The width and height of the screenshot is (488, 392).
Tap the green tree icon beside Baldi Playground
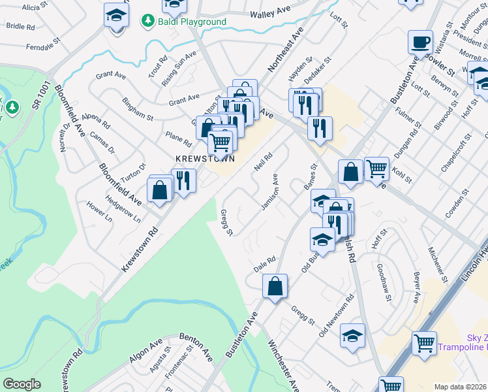(x=147, y=21)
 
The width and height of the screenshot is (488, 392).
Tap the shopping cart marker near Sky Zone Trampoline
(x=424, y=342)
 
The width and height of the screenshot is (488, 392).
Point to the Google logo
(x=22, y=384)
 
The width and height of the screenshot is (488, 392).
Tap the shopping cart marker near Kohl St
(x=377, y=169)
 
